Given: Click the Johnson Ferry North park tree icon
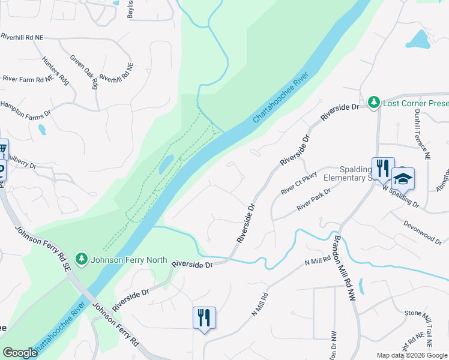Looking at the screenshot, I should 82,260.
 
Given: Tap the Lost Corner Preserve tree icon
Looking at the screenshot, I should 375,103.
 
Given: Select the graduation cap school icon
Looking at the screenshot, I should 403,178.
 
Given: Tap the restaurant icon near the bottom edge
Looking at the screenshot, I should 204,317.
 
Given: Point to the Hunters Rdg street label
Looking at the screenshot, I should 55,70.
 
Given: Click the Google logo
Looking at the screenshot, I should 20,353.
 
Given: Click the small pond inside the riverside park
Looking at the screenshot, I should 166,164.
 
